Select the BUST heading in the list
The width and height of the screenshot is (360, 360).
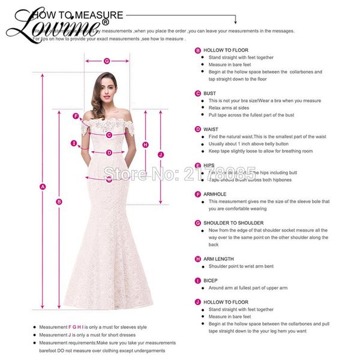[x=210, y=94]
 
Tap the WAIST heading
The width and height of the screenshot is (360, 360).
[x=211, y=129]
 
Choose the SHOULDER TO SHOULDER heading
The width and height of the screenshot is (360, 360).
[x=233, y=223]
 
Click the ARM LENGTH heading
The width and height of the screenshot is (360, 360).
[x=219, y=259]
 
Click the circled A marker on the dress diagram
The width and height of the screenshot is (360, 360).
[x=43, y=187]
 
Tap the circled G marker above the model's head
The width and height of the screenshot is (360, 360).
[x=107, y=61]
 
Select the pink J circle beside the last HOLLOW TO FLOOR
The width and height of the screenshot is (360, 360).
[x=197, y=302]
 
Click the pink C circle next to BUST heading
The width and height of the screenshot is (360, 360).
[x=197, y=94]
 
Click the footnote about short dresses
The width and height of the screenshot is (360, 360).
[x=93, y=335]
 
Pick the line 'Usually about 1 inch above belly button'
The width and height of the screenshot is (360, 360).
[x=252, y=144]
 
